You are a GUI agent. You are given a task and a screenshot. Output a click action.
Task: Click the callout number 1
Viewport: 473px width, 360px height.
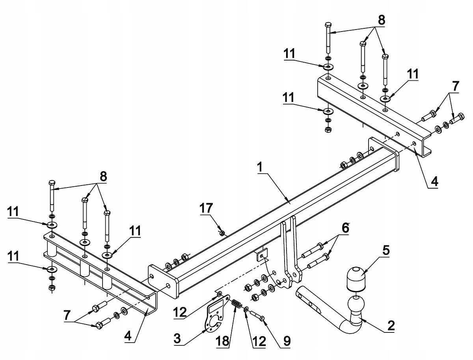coord(260,167)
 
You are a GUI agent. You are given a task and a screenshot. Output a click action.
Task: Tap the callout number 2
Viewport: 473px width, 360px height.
coord(391,325)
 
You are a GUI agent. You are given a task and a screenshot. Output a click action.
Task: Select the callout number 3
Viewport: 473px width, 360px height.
coord(177,338)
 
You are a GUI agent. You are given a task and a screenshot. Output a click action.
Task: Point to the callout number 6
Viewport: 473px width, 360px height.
coord(345,228)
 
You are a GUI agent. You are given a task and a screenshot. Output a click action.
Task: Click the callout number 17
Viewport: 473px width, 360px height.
coord(206,208)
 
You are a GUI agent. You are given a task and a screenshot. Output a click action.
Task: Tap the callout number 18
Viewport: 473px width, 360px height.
coord(223,341)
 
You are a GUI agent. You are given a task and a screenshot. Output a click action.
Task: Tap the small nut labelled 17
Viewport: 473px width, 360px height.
coord(222,233)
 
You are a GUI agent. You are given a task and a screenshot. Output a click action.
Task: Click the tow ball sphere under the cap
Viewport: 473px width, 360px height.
coord(356,305)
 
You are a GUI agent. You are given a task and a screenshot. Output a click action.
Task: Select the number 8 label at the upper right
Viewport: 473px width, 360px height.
coord(381,20)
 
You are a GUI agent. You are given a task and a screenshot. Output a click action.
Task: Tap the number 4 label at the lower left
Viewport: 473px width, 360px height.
coord(128,336)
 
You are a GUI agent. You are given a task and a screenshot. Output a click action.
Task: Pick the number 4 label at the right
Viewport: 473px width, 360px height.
coord(434,181)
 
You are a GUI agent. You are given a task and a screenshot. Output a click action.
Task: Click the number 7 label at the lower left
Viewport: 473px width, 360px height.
coord(67,315)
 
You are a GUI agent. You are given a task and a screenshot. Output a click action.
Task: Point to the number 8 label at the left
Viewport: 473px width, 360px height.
coord(103,176)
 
